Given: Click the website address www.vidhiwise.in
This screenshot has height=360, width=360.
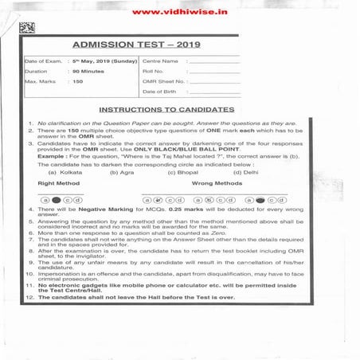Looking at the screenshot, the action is point(179,12).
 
